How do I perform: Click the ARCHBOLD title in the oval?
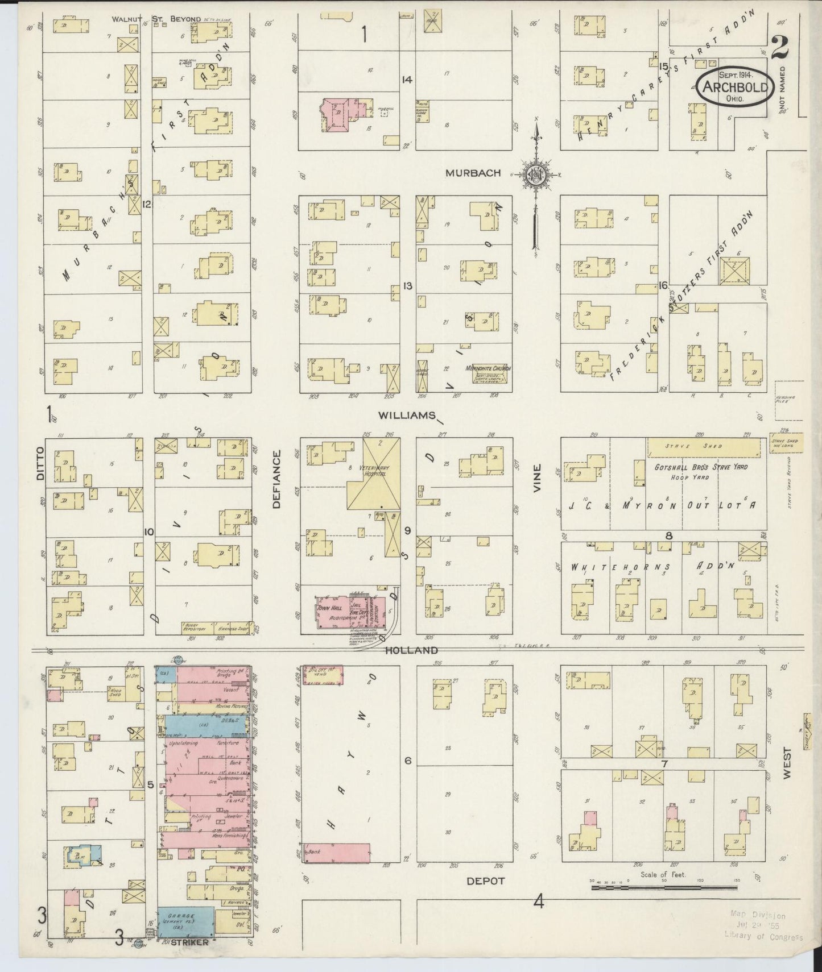pos(737,88)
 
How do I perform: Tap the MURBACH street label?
pos(473,173)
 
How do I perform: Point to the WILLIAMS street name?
pos(406,416)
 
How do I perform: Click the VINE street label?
pos(538,479)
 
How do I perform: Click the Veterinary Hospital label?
pos(373,471)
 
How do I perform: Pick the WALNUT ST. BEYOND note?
pos(156,19)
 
